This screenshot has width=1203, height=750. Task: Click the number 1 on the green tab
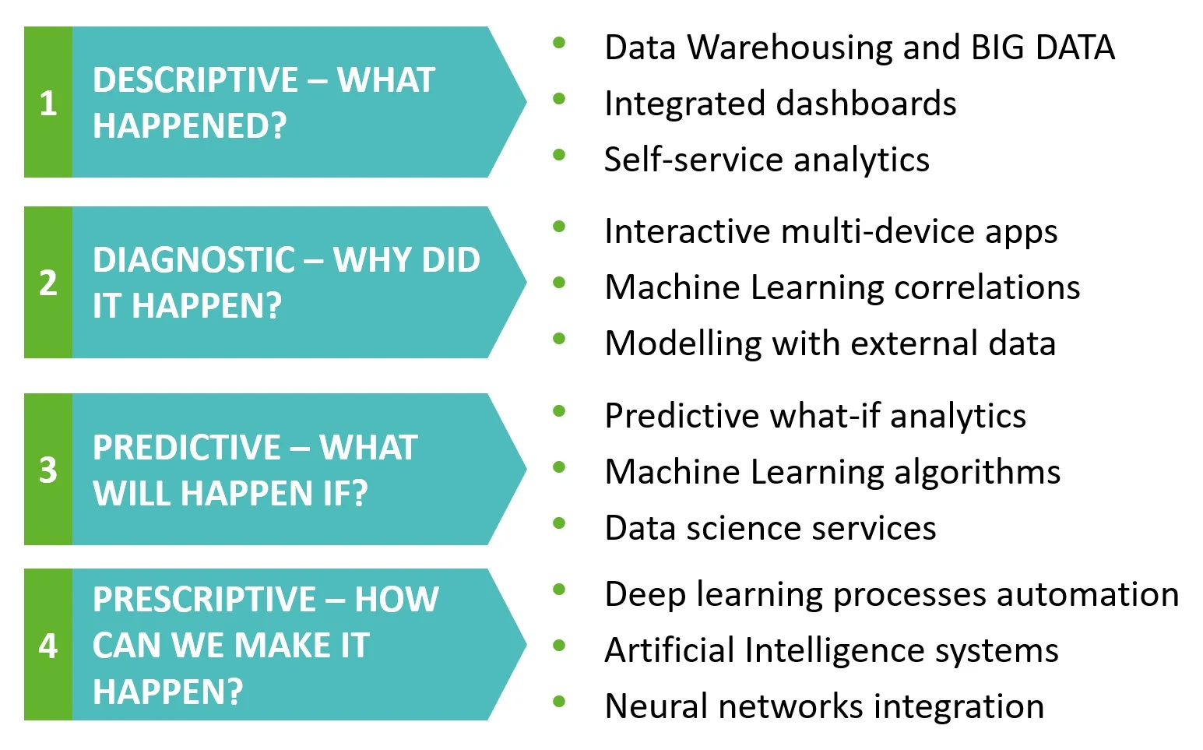pos(48,103)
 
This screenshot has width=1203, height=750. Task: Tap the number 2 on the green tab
pos(48,283)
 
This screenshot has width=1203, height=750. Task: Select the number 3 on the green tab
pos(48,470)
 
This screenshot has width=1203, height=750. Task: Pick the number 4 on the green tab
pos(48,646)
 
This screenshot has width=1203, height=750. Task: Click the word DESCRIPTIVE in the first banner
pos(195,80)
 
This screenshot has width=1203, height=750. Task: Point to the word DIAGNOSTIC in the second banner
pos(194,260)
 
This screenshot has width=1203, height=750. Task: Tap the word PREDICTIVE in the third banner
pos(187,448)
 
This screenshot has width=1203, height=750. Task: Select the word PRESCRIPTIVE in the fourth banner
pos(204,600)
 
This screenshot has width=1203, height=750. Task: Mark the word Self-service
pos(693,160)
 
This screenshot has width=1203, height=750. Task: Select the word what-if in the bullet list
pos(825,417)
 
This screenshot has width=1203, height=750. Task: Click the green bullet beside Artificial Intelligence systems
pos(559,646)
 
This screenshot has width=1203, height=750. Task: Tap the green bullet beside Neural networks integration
pos(559,702)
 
